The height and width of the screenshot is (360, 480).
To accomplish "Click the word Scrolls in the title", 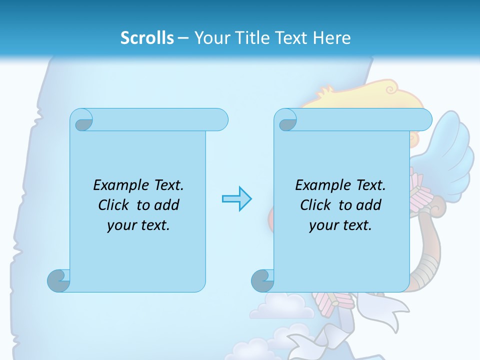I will pyautogui.click(x=147, y=38).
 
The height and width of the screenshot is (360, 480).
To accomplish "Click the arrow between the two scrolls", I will pyautogui.click(x=236, y=198).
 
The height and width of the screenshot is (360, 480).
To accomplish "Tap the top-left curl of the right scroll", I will pyautogui.click(x=287, y=121).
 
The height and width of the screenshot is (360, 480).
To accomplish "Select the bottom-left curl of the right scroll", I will pyautogui.click(x=263, y=280).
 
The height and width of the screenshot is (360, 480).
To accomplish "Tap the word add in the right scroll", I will pyautogui.click(x=369, y=205).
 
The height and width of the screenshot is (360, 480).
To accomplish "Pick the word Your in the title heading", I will pyautogui.click(x=210, y=38).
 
